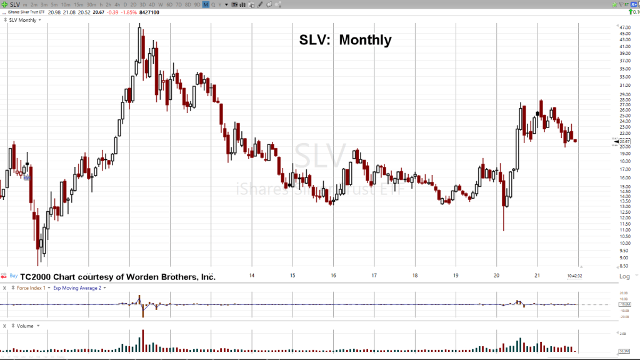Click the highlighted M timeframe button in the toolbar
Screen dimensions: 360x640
tap(206, 5)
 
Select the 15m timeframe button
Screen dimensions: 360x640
tap(78, 5)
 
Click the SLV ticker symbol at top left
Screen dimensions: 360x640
tap(14, 4)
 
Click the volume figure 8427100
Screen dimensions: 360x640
tap(149, 12)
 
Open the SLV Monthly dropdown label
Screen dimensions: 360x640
tap(24, 20)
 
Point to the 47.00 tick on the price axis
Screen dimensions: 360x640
tap(624, 28)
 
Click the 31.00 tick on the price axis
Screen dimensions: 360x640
tap(624, 86)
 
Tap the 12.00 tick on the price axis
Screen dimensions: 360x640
tap(624, 218)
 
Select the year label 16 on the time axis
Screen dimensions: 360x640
tap(333, 275)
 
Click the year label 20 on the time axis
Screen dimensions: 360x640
tap(496, 275)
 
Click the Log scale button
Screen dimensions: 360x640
tap(624, 276)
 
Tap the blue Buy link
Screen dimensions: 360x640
tap(13, 275)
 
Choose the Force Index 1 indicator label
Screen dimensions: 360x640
tap(31, 288)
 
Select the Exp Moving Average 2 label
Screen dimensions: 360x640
tap(78, 288)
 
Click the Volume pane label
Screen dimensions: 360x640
tap(26, 326)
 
